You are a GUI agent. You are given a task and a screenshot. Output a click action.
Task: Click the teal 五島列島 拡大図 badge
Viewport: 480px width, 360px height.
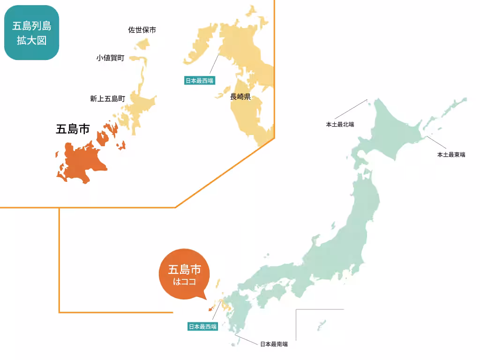point(31,33)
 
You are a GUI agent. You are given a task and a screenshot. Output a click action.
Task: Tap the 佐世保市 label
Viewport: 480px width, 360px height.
point(142,30)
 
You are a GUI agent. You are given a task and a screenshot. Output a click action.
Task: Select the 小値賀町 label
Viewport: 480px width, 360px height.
point(110,58)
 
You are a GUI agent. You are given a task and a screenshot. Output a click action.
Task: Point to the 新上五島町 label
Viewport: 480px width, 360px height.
point(107,99)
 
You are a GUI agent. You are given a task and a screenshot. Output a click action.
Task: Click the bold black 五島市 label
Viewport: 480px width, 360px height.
point(72,129)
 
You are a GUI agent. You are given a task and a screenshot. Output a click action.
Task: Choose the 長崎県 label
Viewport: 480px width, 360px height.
point(240,97)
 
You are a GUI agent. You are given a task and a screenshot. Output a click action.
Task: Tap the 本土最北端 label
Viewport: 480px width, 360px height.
point(340,125)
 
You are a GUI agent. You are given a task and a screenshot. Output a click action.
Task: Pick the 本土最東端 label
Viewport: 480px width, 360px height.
point(451,154)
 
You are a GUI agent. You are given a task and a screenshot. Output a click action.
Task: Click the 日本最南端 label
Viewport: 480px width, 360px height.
point(274,344)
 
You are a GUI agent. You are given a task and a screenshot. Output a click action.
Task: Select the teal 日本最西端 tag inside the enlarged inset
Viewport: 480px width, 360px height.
point(199,81)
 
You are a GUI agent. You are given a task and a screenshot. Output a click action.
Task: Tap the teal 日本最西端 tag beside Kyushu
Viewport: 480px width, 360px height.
point(202,327)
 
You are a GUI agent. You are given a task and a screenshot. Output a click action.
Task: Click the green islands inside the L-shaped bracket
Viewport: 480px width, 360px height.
point(321,324)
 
